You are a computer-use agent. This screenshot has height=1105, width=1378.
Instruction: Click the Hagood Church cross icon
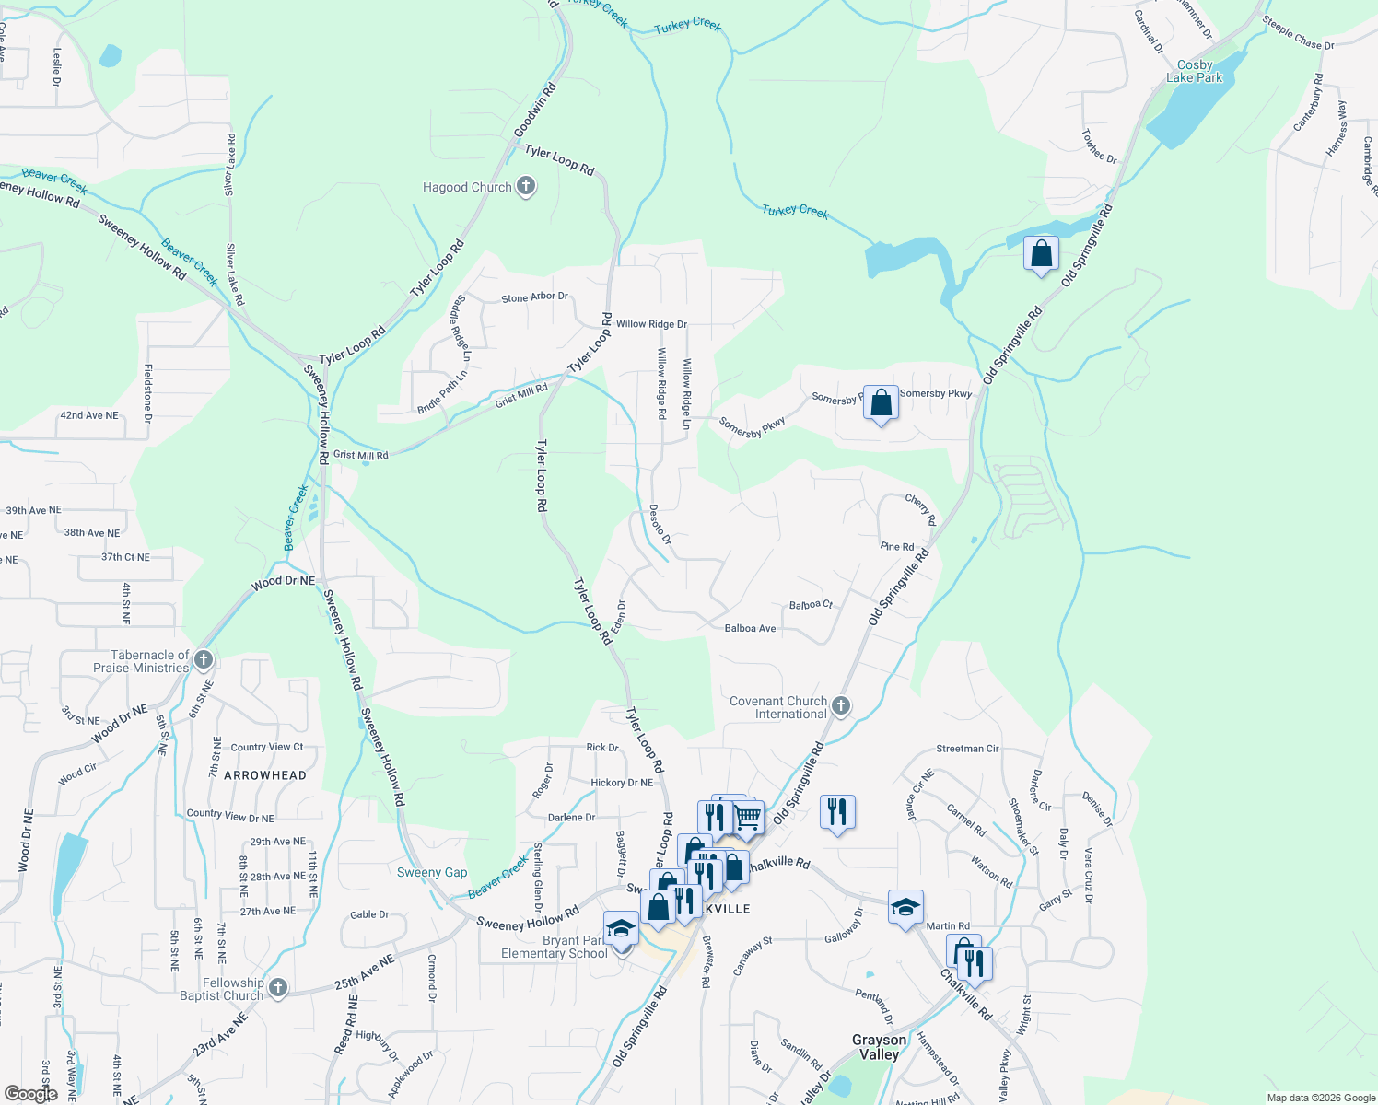[526, 187]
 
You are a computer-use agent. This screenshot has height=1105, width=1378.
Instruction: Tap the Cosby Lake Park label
[1195, 72]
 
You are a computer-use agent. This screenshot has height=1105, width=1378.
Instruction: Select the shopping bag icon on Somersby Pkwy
[881, 403]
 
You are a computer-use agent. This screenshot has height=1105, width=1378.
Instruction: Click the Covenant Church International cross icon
[840, 706]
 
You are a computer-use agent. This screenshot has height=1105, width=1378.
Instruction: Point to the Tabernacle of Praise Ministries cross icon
[204, 660]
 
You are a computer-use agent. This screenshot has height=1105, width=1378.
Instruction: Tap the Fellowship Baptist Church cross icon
[277, 988]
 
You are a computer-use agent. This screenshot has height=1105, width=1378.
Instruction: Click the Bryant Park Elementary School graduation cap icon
[621, 929]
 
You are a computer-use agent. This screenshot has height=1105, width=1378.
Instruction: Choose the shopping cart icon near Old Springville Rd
[747, 817]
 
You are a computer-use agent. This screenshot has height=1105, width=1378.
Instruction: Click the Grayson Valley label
[879, 1047]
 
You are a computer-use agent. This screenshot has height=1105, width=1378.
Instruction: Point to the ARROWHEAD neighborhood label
[265, 775]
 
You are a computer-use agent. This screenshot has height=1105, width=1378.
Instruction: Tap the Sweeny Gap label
[432, 872]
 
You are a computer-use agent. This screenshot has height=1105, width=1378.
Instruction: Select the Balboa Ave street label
[750, 628]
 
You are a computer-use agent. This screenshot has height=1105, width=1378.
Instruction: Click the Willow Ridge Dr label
[651, 324]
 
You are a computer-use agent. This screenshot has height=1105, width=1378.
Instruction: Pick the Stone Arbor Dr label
[534, 297]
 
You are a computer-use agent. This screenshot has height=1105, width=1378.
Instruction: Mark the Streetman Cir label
[967, 749]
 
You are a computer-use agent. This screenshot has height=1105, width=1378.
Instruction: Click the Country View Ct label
[266, 747]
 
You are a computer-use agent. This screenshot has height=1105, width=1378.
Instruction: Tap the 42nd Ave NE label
[89, 415]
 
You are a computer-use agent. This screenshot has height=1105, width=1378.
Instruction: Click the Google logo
[31, 1094]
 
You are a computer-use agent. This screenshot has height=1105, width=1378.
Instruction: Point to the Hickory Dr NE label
[621, 783]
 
